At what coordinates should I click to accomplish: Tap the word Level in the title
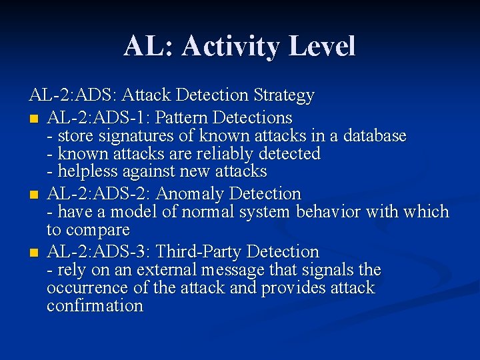tap(321, 46)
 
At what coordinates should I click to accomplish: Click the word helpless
tap(85, 172)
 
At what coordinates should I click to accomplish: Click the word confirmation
tap(95, 306)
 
